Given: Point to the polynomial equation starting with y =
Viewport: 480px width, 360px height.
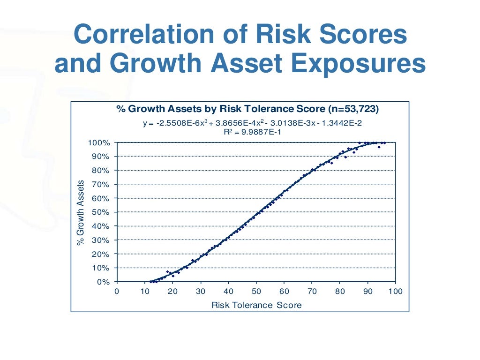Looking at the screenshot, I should pyautogui.click(x=252, y=123).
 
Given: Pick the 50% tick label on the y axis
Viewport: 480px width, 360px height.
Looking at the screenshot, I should pyautogui.click(x=101, y=212).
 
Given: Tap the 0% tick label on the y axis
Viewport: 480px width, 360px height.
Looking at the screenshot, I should pyautogui.click(x=103, y=282).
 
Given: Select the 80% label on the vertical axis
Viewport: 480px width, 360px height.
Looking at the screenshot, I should pyautogui.click(x=101, y=171).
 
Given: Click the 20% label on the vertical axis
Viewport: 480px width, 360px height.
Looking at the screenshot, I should pyautogui.click(x=101, y=254).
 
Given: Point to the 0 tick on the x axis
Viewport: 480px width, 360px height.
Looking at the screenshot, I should pyautogui.click(x=117, y=292).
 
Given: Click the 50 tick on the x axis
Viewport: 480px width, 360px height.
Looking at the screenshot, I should pyautogui.click(x=256, y=292).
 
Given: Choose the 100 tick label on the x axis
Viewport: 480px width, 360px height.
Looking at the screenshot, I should pyautogui.click(x=396, y=292).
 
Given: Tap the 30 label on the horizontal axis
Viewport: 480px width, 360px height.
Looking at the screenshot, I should pyautogui.click(x=201, y=292).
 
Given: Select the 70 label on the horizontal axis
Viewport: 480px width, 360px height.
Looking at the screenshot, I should pyautogui.click(x=312, y=292).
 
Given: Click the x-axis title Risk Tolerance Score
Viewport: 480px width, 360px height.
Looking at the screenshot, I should pyautogui.click(x=256, y=305).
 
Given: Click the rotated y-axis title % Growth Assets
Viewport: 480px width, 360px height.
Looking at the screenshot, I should pyautogui.click(x=81, y=212).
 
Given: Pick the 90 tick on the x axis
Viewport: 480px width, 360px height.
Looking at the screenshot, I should pyautogui.click(x=367, y=292).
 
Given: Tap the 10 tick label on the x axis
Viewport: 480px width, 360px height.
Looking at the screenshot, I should pyautogui.click(x=145, y=292).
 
